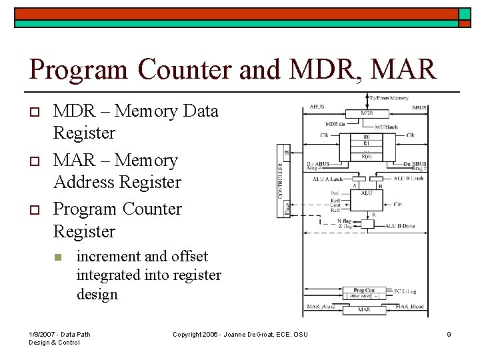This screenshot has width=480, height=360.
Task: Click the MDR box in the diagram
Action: (x=367, y=113)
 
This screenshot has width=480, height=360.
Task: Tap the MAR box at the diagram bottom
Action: (x=365, y=310)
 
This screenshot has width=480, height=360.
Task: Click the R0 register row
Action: (x=367, y=137)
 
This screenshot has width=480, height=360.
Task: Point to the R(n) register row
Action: (x=367, y=155)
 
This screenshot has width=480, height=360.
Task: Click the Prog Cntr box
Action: (x=365, y=291)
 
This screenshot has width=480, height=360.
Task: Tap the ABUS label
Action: (x=317, y=107)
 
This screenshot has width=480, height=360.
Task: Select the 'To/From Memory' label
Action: (x=389, y=98)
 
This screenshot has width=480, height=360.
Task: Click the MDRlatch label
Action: (x=387, y=127)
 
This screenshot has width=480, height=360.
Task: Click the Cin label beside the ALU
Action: (x=397, y=205)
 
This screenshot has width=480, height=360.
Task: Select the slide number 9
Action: (x=449, y=334)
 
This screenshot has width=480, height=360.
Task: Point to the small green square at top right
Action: (x=465, y=13)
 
